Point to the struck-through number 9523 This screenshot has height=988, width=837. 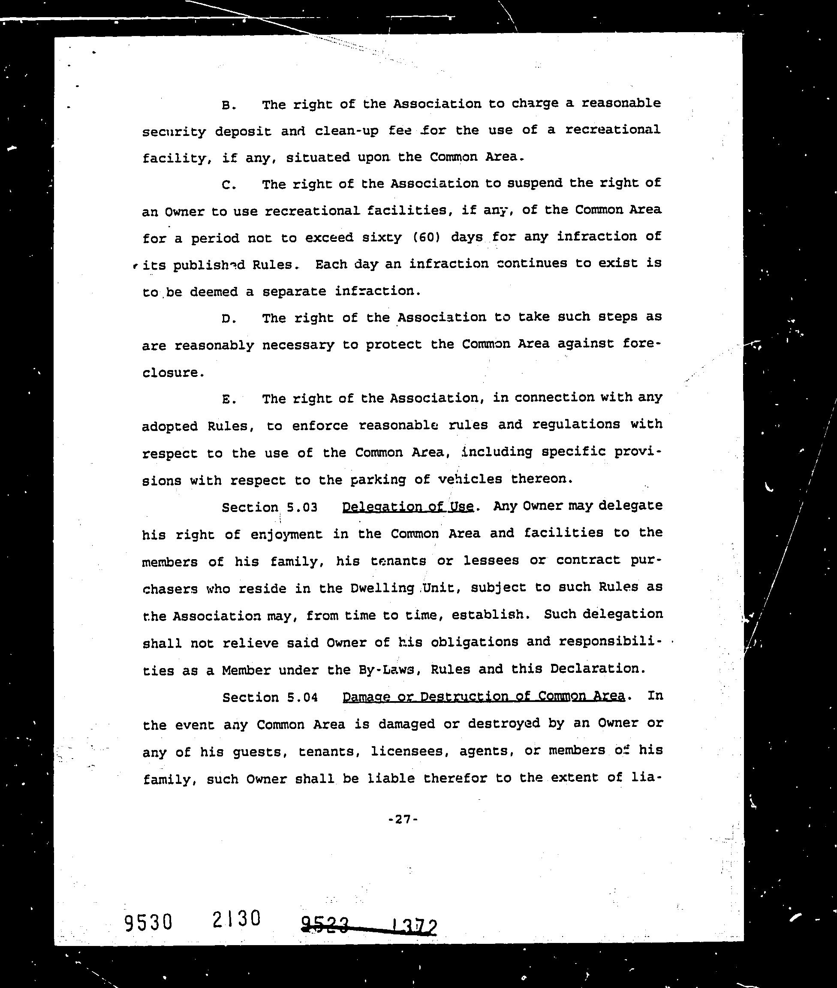coord(325,925)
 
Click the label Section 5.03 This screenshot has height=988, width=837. coord(270,507)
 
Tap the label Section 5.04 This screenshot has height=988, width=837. coord(270,697)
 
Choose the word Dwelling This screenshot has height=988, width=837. coord(382,588)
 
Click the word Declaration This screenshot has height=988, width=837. coord(597,669)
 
